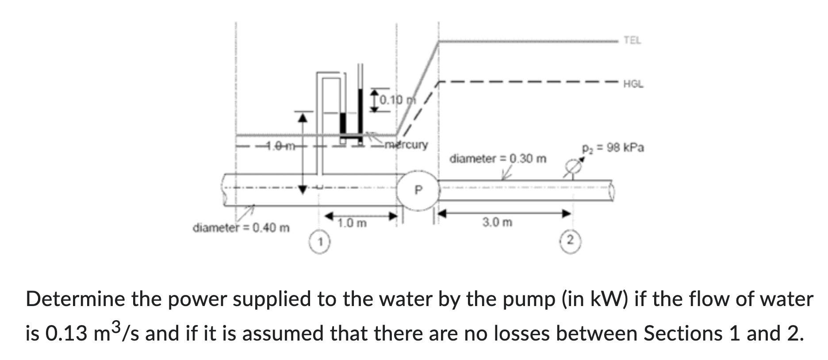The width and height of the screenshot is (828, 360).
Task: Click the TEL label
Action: (632, 41)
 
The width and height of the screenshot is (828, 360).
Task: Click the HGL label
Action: (633, 84)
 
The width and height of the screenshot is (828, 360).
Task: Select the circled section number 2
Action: (571, 241)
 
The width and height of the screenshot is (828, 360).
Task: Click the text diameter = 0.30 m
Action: (498, 158)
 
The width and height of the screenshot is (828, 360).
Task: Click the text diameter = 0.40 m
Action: (241, 228)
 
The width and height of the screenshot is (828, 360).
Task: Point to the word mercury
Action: (406, 145)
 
